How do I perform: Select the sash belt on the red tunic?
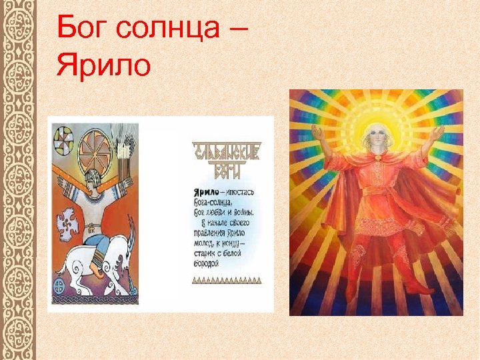pyautogui.click(x=377, y=193)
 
